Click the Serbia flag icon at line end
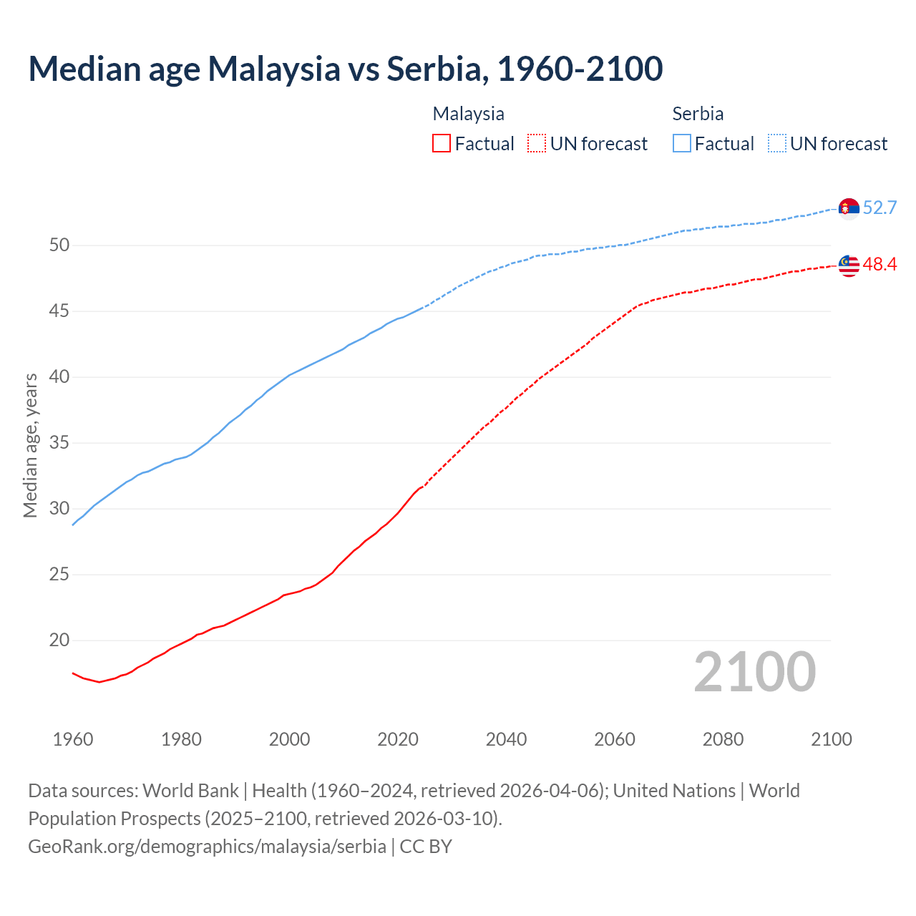[x=849, y=208]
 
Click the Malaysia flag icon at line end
[x=849, y=265]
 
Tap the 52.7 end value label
[x=880, y=208]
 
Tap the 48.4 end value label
[x=880, y=265]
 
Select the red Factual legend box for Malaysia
[x=442, y=144]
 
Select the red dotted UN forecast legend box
[x=537, y=144]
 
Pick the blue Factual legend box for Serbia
[x=682, y=144]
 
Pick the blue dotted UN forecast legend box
[x=776, y=144]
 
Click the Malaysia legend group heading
[x=468, y=114]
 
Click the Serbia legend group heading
[x=698, y=114]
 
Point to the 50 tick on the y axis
[x=59, y=245]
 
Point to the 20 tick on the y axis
[x=59, y=640]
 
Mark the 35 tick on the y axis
[x=59, y=443]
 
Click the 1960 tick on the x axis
[x=73, y=739]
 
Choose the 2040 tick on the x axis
[x=506, y=739]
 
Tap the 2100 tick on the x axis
[x=831, y=739]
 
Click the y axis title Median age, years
[x=30, y=445]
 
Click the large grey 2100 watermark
[x=754, y=672]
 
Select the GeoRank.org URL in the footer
[x=207, y=847]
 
